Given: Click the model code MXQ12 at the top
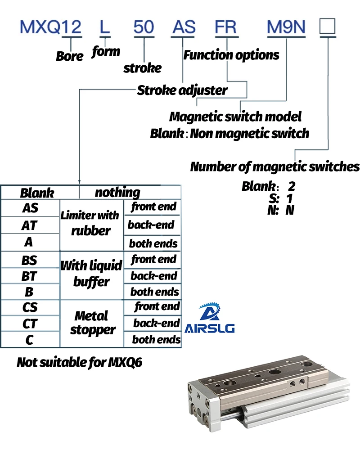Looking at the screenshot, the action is tap(50, 27).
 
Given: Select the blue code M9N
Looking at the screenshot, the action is tap(286, 27).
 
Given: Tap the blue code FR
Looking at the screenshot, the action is tap(226, 27).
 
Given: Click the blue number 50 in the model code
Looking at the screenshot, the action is tap(144, 27).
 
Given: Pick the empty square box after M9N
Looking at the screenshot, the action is tap(327, 26).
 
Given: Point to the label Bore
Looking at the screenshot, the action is tap(69, 56).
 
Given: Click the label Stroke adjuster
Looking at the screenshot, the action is tap(182, 90).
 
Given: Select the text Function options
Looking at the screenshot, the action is tap(231, 55).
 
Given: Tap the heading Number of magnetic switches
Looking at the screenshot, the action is tap(275, 166).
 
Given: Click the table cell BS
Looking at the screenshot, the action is tap(29, 260).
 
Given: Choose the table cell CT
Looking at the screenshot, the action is tap(30, 324).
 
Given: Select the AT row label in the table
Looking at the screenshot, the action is tap(29, 225).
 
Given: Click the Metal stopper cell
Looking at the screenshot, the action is tap(92, 323).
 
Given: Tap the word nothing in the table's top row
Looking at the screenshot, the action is tap(117, 192).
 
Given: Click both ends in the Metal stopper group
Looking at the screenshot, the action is tap(156, 339).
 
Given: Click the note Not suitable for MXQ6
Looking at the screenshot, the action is tap(80, 362).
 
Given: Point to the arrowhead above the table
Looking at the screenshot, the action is tap(80, 182).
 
